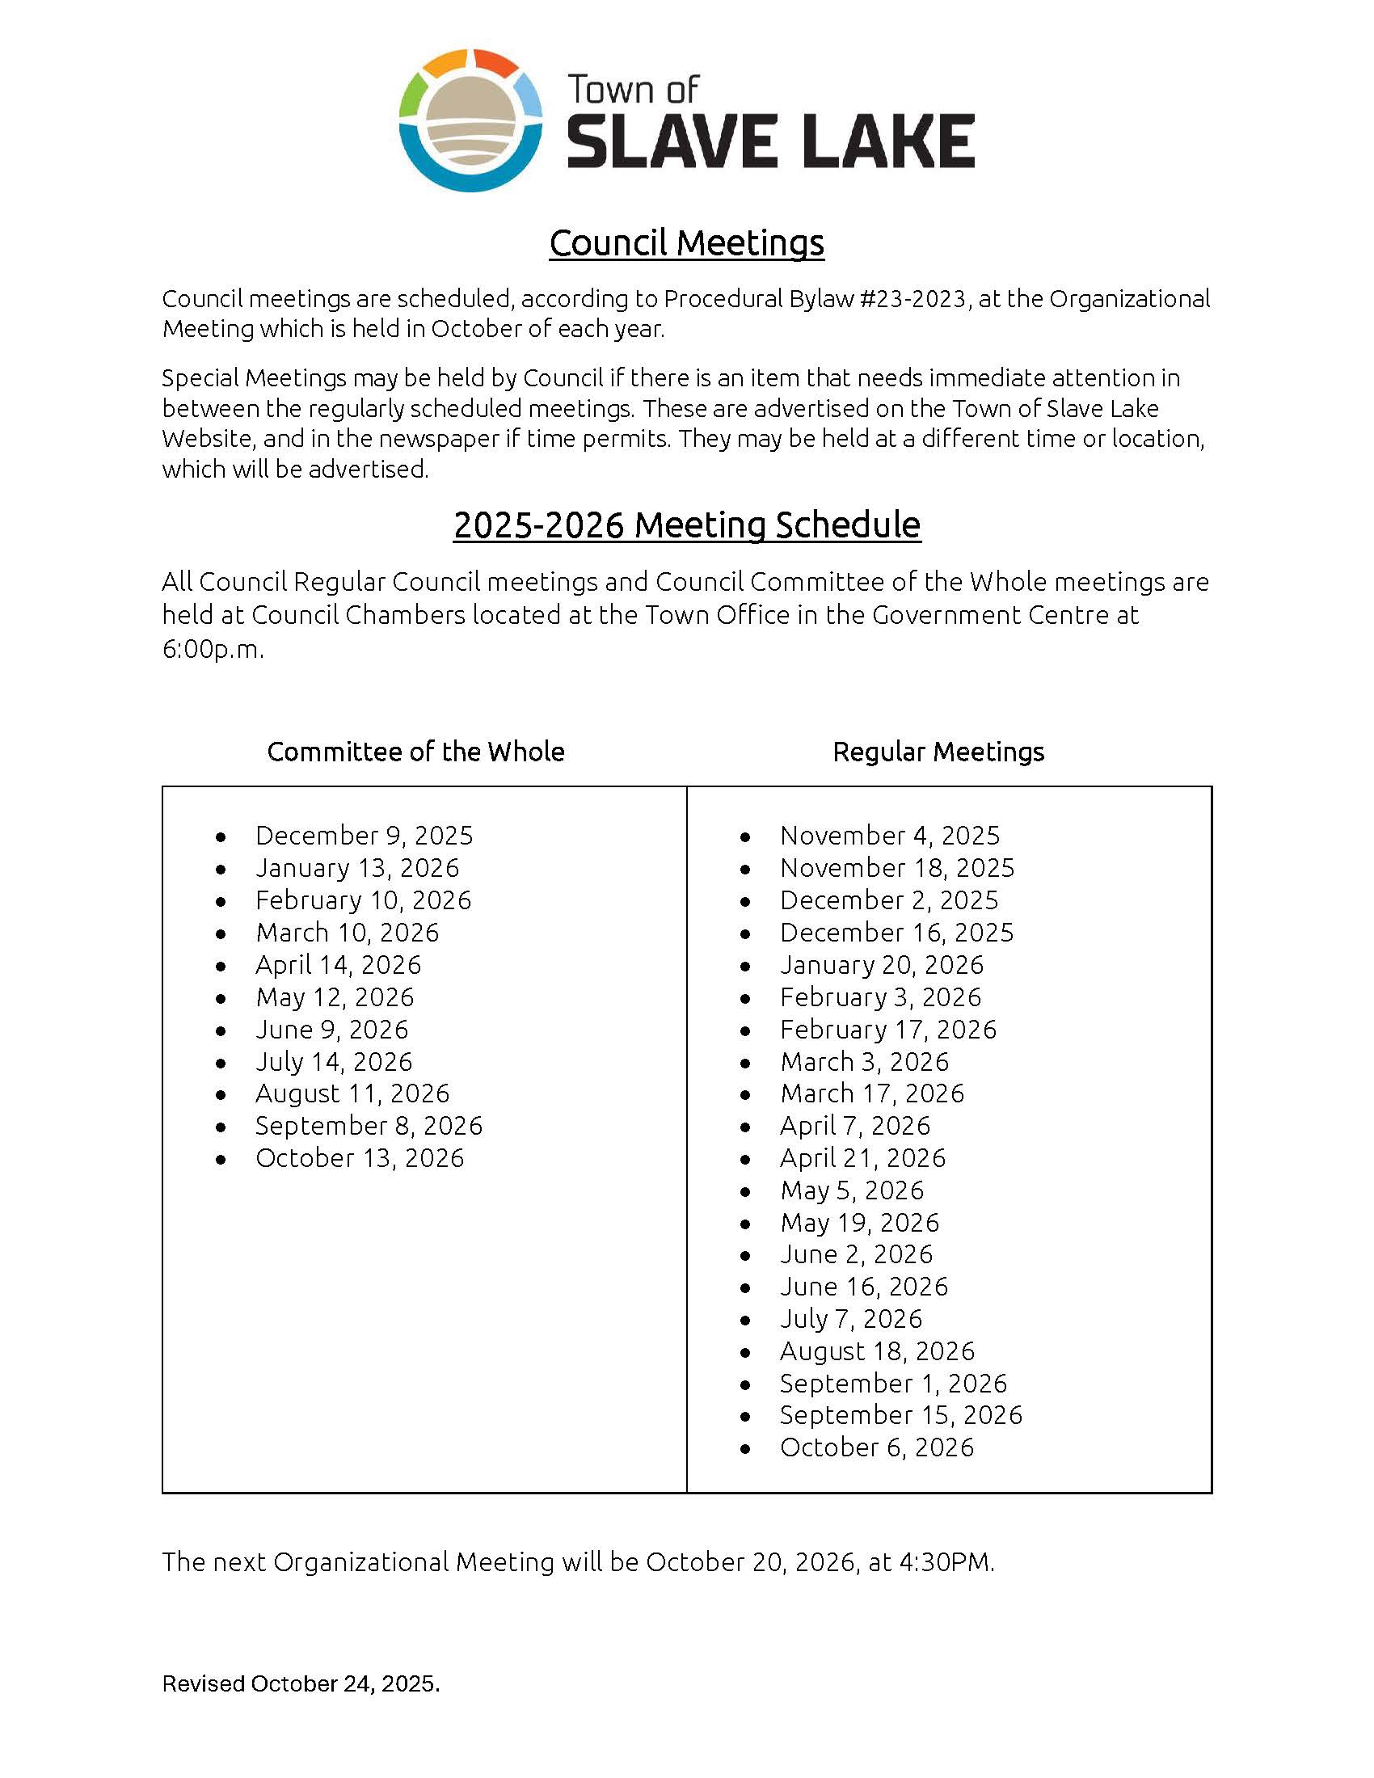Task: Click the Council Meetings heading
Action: pyautogui.click(x=686, y=242)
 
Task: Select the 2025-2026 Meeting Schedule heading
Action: pyautogui.click(x=686, y=525)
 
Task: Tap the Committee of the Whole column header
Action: pyautogui.click(x=415, y=752)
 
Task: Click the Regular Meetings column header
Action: pyautogui.click(x=938, y=752)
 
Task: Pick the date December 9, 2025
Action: pyautogui.click(x=364, y=836)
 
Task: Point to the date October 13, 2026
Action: pyautogui.click(x=359, y=1157)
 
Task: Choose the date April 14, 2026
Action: pyautogui.click(x=338, y=965)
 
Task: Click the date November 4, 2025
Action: pyautogui.click(x=889, y=836)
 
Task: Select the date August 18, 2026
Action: pyautogui.click(x=877, y=1351)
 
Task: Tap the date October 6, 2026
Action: pyautogui.click(x=877, y=1447)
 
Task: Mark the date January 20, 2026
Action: pyautogui.click(x=882, y=965)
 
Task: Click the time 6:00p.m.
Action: pyautogui.click(x=213, y=650)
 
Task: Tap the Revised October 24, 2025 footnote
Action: pyautogui.click(x=301, y=1683)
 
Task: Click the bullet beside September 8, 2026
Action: pyautogui.click(x=221, y=1127)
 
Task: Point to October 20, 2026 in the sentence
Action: pyautogui.click(x=750, y=1562)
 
